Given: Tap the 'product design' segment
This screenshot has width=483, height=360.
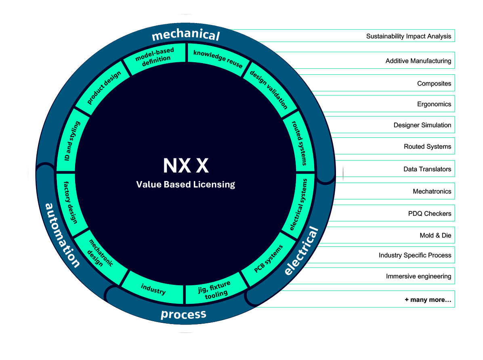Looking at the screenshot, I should point(101,86).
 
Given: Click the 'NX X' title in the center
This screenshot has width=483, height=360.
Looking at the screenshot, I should point(185,166).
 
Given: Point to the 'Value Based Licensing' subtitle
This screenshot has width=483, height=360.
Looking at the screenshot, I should point(185,184).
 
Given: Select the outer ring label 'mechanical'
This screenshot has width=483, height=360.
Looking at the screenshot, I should point(185,35).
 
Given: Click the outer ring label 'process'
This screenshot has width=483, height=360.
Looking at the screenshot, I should point(183,314).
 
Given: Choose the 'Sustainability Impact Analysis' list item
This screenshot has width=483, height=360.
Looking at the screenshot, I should point(408,36).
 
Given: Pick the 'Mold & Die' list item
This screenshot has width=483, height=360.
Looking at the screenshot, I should point(435,235).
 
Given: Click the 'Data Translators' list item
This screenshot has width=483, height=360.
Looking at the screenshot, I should point(427,169).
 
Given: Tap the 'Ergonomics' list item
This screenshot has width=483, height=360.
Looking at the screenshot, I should point(434,104).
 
